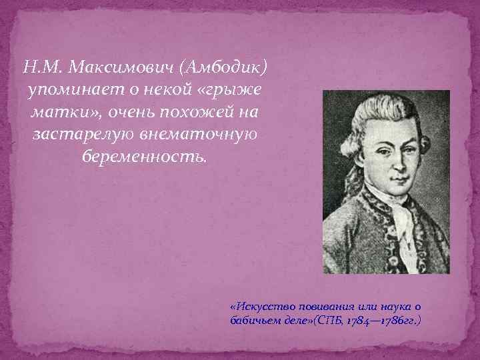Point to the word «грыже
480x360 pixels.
click(x=227, y=90)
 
